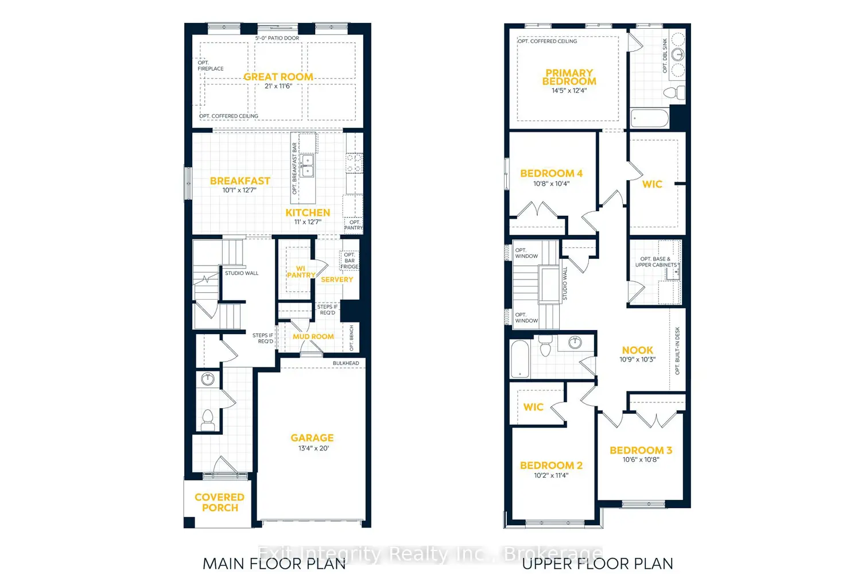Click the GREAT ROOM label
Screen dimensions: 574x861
pyautogui.click(x=278, y=77)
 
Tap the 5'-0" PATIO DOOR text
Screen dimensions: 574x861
pyautogui.click(x=277, y=38)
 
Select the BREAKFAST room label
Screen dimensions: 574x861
pyautogui.click(x=240, y=181)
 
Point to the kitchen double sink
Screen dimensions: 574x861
pyautogui.click(x=308, y=165)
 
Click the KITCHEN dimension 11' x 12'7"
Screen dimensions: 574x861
pyautogui.click(x=308, y=222)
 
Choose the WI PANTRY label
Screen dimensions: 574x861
pyautogui.click(x=301, y=272)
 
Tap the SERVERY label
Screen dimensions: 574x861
pyautogui.click(x=337, y=280)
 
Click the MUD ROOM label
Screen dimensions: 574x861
pyautogui.click(x=313, y=336)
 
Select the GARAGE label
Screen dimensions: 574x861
pyautogui.click(x=312, y=438)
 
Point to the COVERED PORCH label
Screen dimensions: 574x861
pyautogui.click(x=219, y=502)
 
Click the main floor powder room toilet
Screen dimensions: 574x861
pyautogui.click(x=208, y=419)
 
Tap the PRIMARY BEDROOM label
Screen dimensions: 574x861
pyautogui.click(x=569, y=77)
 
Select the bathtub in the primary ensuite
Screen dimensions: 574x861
pyautogui.click(x=650, y=119)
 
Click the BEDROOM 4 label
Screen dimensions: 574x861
pyautogui.click(x=551, y=173)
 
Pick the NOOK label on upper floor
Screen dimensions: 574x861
pyautogui.click(x=637, y=350)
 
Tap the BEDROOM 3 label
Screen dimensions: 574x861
pyautogui.click(x=641, y=451)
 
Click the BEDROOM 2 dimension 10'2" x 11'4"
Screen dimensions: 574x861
pyautogui.click(x=551, y=475)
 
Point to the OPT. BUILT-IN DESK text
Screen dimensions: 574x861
pyautogui.click(x=677, y=351)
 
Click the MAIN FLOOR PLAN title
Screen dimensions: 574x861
pyautogui.click(x=274, y=564)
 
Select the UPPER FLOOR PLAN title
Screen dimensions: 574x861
pyautogui.click(x=597, y=564)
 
